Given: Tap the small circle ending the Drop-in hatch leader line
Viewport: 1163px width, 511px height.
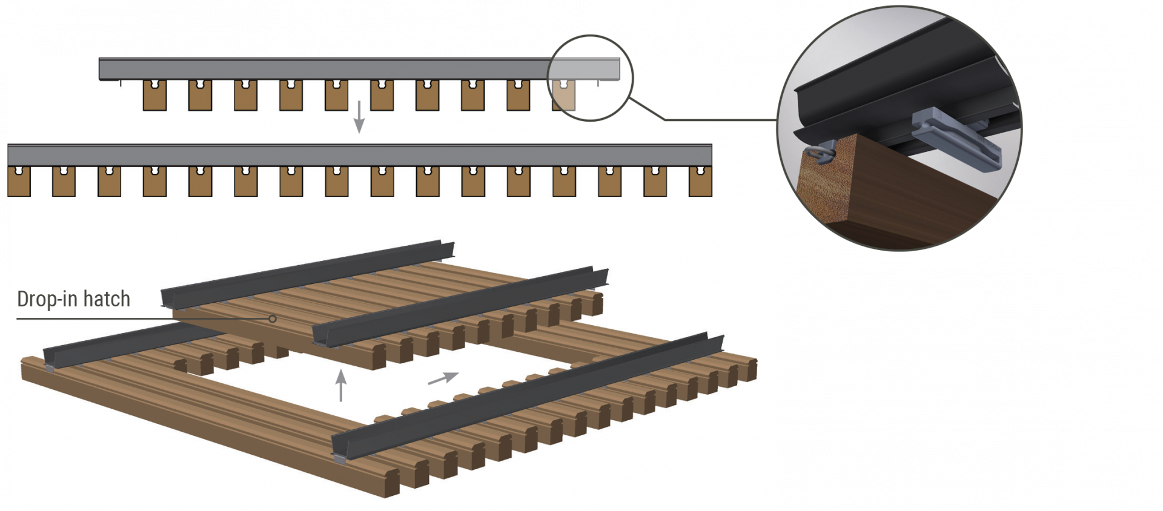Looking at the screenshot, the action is coord(273,318).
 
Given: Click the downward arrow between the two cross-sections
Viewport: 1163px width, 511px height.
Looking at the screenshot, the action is coord(359,117).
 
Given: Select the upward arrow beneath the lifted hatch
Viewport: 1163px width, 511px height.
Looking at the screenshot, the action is coord(341,385).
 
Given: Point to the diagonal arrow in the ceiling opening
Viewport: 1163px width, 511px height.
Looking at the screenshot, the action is coord(443,378).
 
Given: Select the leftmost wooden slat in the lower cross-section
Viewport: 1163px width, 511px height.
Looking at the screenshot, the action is coord(19,181).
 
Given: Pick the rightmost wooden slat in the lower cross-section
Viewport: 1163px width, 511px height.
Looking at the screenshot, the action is coord(701,181).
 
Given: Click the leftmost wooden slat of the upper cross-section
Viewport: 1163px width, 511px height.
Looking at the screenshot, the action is coord(154,95).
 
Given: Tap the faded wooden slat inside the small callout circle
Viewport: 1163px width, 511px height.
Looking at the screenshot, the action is coord(563,95).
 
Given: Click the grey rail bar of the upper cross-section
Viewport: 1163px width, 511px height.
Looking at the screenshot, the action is coord(359,69).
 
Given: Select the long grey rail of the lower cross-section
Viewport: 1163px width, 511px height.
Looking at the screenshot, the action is coord(359,155).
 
